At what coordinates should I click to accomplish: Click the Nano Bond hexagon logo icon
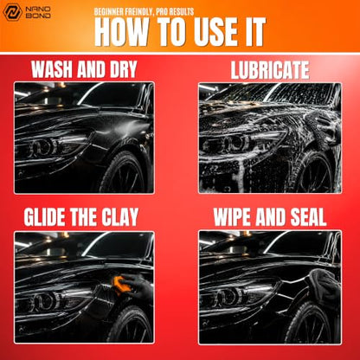(12, 12)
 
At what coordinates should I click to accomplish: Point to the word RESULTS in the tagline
(180, 12)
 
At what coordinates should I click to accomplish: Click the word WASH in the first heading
(52, 69)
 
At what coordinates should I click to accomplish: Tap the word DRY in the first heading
(123, 69)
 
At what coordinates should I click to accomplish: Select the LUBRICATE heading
(270, 70)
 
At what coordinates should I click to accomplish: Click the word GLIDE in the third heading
(45, 216)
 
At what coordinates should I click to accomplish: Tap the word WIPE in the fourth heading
(233, 217)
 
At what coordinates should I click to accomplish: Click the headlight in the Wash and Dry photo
(55, 146)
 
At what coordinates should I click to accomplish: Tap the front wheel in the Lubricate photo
(315, 173)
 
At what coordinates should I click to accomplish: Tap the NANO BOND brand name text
(38, 12)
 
